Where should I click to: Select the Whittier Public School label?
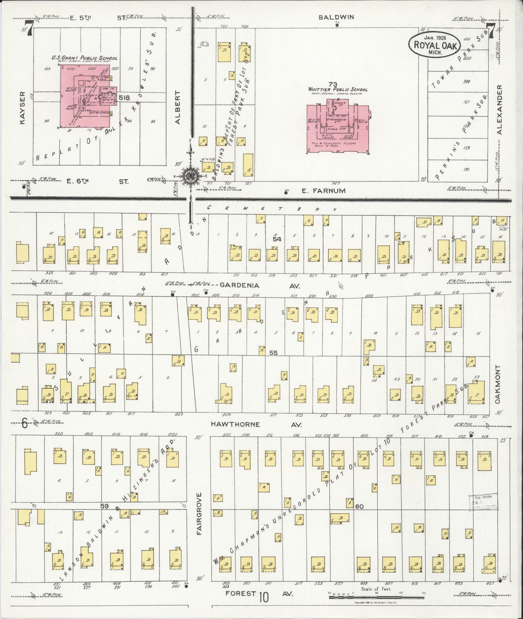[x=338, y=89]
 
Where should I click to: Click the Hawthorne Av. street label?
[x=239, y=424]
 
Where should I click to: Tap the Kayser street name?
[x=22, y=108]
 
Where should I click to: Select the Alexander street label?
[x=500, y=110]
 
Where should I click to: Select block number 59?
[x=104, y=506]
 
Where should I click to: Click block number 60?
[x=359, y=506]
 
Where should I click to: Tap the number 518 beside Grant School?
[x=124, y=97]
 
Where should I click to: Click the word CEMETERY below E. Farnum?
[x=271, y=209]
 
